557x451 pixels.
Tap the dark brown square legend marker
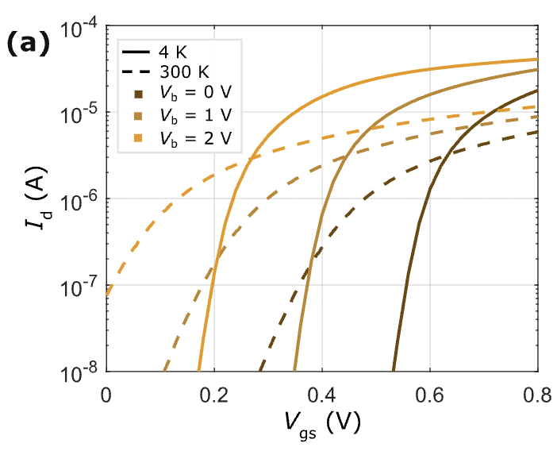click(x=136, y=95)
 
